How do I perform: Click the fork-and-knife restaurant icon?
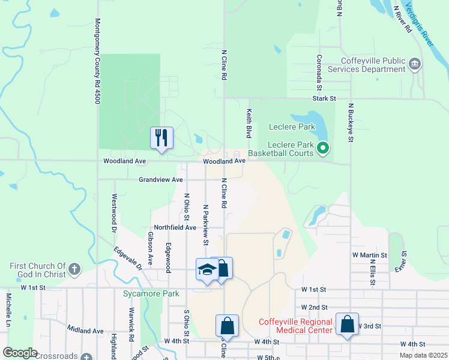pos(161,137)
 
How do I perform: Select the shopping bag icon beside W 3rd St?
pos(348,324)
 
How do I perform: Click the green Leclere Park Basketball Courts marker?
pos(323,147)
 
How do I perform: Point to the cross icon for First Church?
pos(74,269)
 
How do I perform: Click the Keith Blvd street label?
pos(248,123)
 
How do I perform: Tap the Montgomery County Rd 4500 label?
pos(97,61)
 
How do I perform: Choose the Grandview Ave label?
pos(160,179)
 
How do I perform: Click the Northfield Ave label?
pos(175,227)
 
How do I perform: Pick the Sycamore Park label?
pos(151,294)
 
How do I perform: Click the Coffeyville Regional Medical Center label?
pos(295,325)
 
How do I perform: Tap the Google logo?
pos(20,353)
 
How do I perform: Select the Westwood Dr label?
pos(113,212)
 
